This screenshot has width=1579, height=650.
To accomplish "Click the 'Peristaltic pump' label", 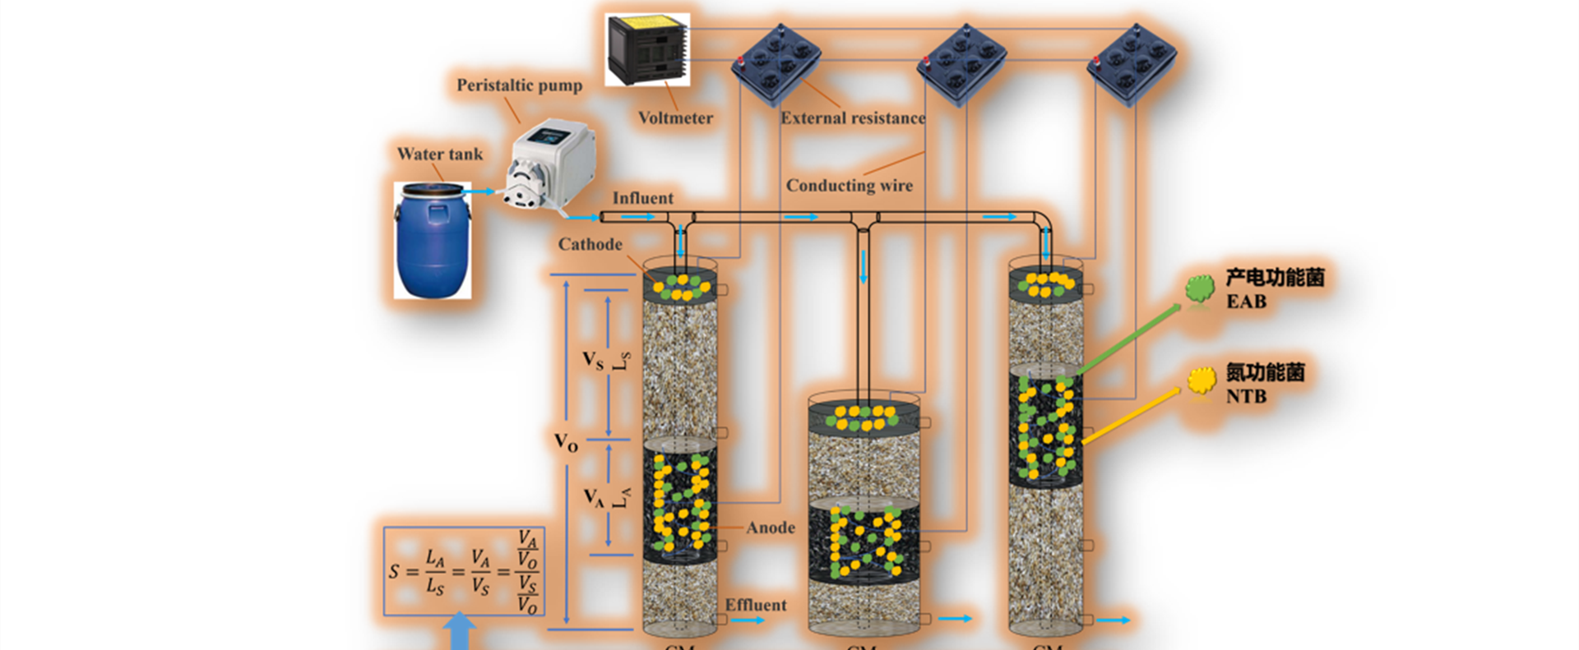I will (x=519, y=85).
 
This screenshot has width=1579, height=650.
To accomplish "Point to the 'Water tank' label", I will (x=440, y=154).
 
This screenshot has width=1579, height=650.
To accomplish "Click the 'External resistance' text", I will (x=853, y=118).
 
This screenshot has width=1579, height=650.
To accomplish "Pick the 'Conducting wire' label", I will (x=849, y=186).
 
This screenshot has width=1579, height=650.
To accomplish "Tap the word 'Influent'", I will (x=642, y=198).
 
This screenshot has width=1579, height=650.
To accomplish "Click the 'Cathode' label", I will (x=590, y=244).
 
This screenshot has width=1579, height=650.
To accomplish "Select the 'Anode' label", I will (x=771, y=528).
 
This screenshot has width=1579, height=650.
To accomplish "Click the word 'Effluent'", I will (x=755, y=605).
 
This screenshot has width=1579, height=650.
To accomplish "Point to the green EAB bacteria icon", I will (x=1200, y=288).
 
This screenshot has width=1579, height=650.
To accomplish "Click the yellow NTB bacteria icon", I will (x=1202, y=380).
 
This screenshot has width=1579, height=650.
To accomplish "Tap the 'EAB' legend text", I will (x=1246, y=302).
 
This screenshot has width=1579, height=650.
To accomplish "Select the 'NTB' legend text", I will (x=1246, y=396).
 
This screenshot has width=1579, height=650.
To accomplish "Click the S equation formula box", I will (x=464, y=571).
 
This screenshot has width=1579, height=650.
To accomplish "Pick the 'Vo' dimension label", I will (x=566, y=443).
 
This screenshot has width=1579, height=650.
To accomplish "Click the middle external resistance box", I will (x=961, y=64).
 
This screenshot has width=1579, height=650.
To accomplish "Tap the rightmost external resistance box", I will (x=1132, y=64).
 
